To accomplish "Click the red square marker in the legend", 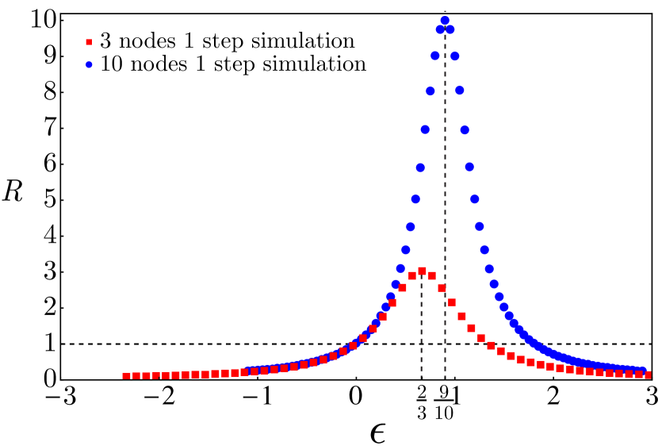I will coord(89,42).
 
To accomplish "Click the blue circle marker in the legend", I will coord(89,65).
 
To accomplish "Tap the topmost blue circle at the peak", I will coord(445,21).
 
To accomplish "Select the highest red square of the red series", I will coord(422,271).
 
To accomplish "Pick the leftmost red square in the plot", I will coord(126,375).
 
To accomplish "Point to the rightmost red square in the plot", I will coord(648,375).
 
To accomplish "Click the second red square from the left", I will coord(136,375).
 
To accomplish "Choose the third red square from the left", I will coord(146,375).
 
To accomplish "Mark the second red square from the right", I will coord(638,375).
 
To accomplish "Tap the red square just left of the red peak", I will coord(412,276).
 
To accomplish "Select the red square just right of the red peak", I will coord(432,276).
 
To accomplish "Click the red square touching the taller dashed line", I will coord(442,288).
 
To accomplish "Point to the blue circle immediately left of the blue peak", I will coord(440,29).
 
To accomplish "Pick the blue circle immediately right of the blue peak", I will coord(450,29).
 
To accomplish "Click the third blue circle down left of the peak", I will coord(430,91).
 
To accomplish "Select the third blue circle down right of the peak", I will coord(460,90).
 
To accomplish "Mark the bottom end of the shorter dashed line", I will coord(421,378).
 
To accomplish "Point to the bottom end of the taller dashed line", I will coord(445,378).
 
